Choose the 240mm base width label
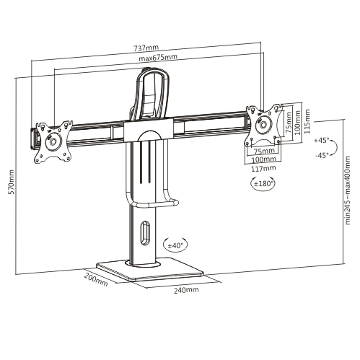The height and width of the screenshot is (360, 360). [x=186, y=289]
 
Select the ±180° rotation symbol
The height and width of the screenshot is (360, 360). [x=265, y=184]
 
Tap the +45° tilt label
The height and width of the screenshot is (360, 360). [x=321, y=141]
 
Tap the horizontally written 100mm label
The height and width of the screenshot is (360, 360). [x=265, y=159]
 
